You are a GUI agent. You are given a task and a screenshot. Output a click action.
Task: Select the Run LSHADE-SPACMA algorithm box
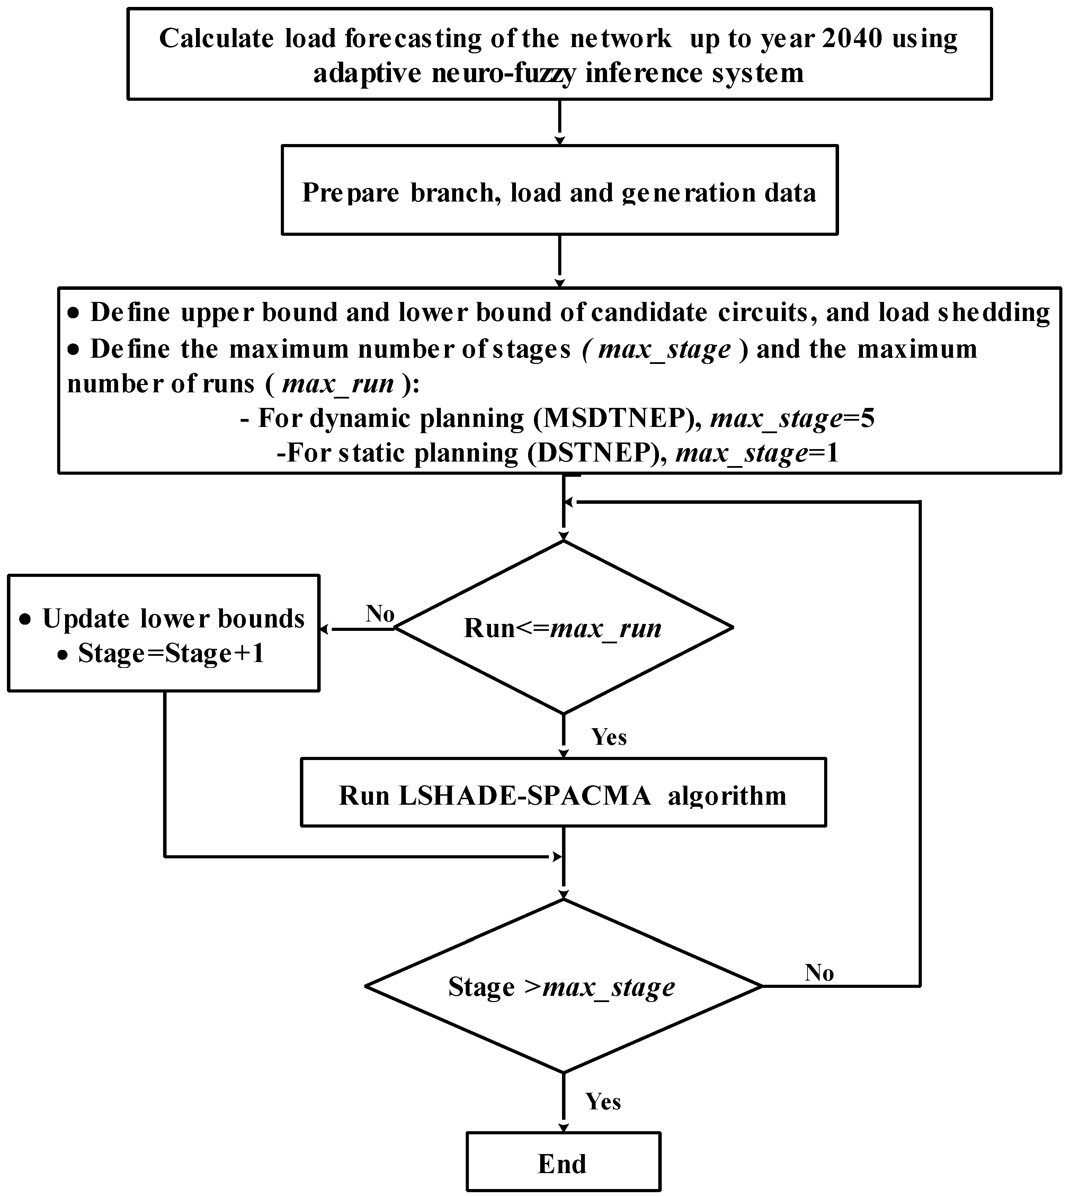point(563,795)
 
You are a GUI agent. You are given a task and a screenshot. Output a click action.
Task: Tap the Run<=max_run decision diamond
point(563,628)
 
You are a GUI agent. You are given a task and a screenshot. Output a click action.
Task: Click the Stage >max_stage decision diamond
point(563,986)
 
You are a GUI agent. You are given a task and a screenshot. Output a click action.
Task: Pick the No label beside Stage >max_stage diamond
point(819,973)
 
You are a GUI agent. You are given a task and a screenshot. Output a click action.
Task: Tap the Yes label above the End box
point(603,1101)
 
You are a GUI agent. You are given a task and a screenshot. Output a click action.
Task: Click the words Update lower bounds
point(173,618)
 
